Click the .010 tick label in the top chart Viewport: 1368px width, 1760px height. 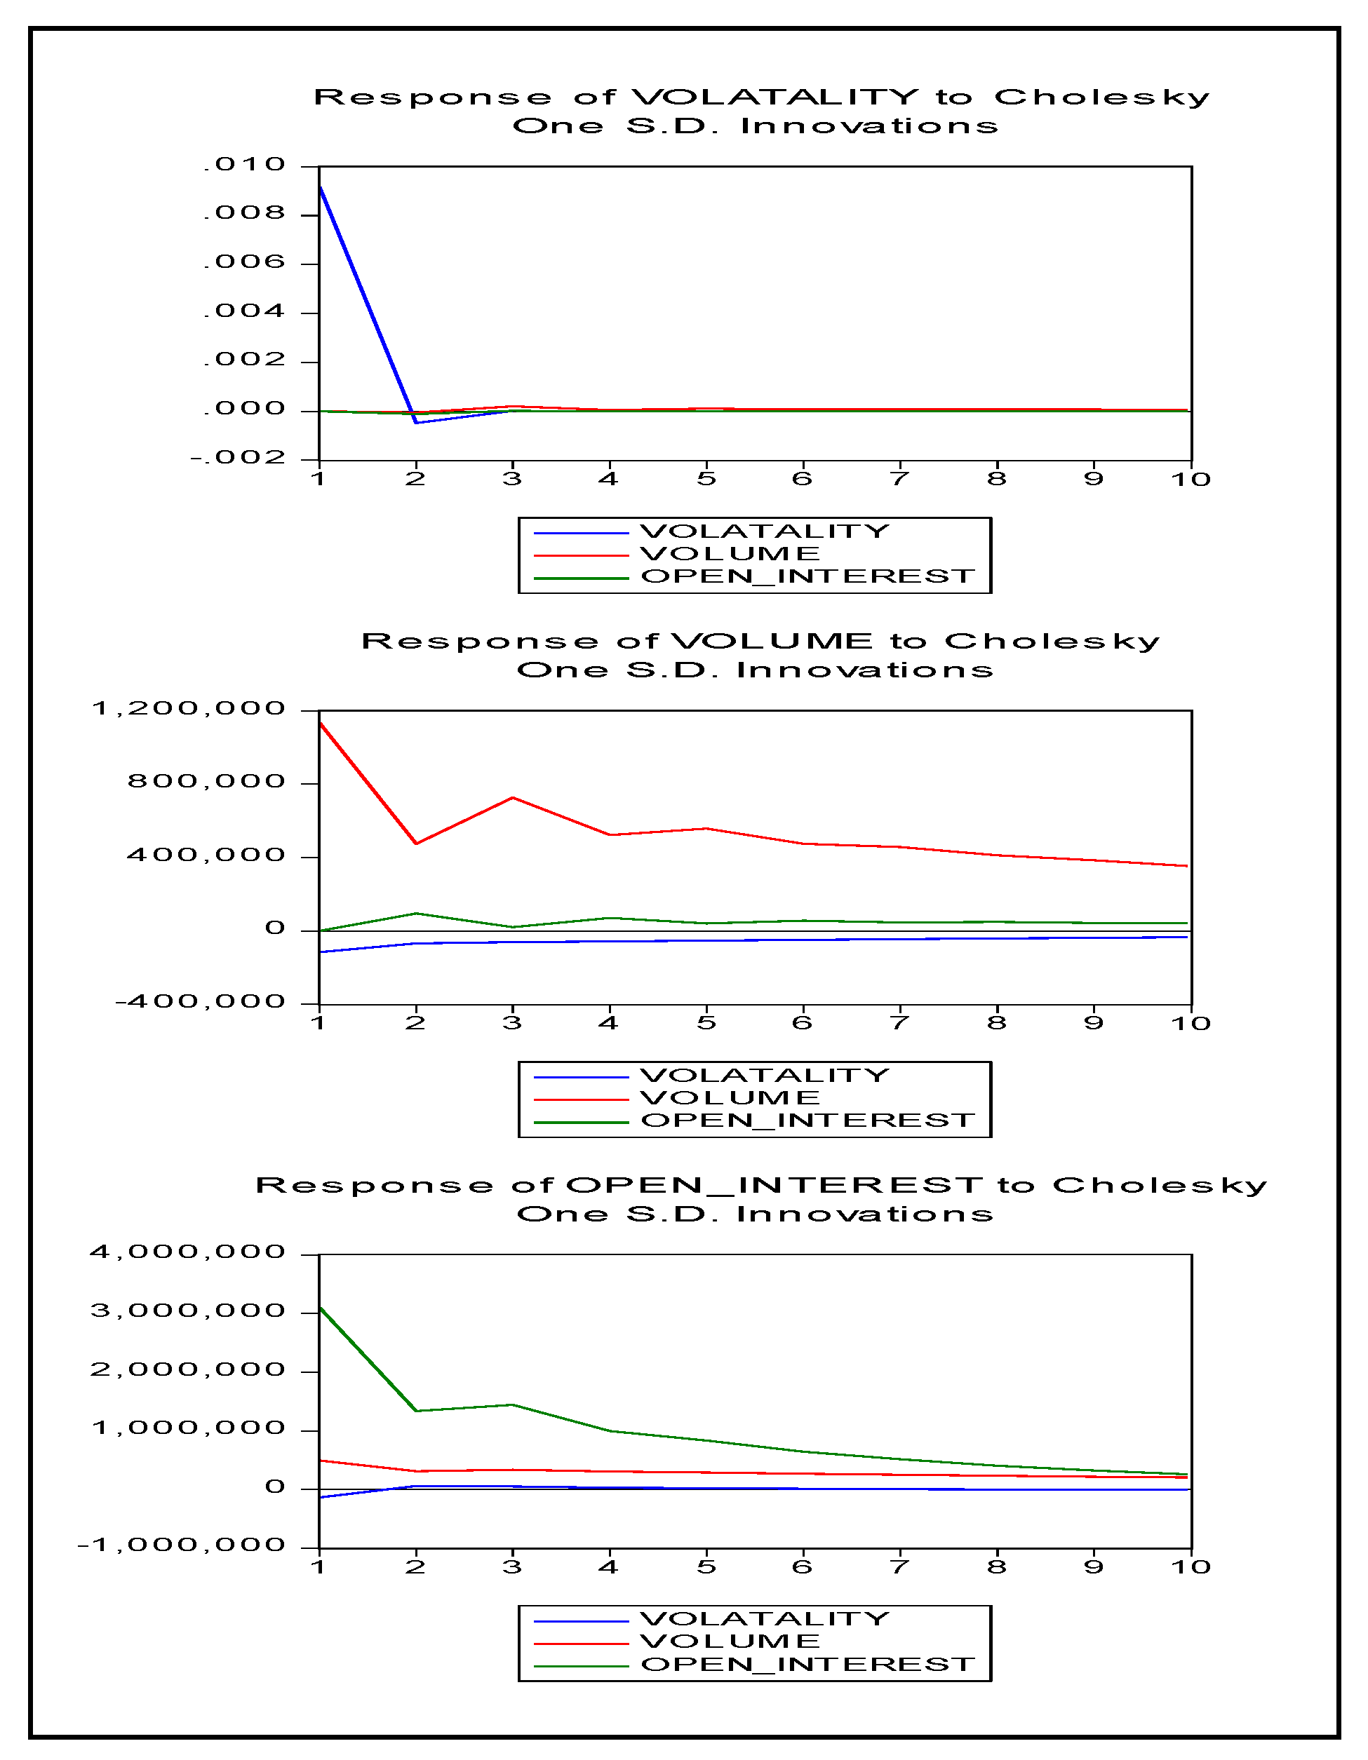tap(244, 165)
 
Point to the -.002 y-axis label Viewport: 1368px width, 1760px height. tap(238, 459)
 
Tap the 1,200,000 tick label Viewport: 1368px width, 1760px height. tap(189, 709)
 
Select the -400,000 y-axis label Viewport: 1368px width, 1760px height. tap(201, 1003)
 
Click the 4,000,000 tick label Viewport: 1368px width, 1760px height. tap(188, 1252)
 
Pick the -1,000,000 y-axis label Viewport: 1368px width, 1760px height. tap(182, 1545)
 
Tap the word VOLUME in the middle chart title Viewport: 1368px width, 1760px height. tap(772, 642)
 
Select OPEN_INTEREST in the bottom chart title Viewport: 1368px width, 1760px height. tap(774, 1186)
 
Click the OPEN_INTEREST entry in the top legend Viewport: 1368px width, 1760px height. tap(807, 577)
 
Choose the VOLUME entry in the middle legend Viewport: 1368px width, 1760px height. tap(730, 1098)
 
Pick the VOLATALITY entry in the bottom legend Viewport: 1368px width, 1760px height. tap(764, 1619)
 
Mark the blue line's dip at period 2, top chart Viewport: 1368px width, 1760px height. tap(416, 422)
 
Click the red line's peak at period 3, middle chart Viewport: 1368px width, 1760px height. tap(513, 798)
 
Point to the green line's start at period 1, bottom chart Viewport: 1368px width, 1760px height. tap(321, 1307)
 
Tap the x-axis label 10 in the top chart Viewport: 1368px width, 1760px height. tap(1191, 480)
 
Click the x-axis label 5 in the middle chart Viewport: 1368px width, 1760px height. tap(706, 1024)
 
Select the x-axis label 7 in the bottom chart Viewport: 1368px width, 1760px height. tap(899, 1567)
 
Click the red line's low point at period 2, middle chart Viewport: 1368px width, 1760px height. tap(416, 844)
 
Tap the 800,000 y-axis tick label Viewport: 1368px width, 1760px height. tap(206, 782)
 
